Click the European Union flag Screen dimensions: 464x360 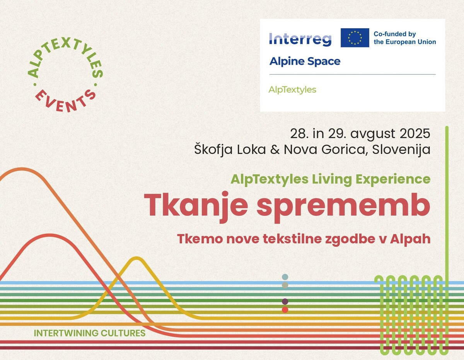tap(355, 38)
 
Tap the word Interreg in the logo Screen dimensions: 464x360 tap(300, 39)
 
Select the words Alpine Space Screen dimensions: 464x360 tap(305, 61)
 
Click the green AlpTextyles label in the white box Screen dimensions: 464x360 tap(292, 90)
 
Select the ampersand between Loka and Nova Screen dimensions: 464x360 tap(275, 150)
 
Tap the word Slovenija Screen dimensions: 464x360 tap(401, 150)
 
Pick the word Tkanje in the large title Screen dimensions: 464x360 tap(196, 206)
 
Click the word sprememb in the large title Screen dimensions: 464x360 tap(343, 207)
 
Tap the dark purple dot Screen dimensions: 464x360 tap(285, 302)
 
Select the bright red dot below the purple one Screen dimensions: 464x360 tap(285, 310)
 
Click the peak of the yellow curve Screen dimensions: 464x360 tap(136, 258)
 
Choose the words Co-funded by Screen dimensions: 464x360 tap(395, 34)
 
